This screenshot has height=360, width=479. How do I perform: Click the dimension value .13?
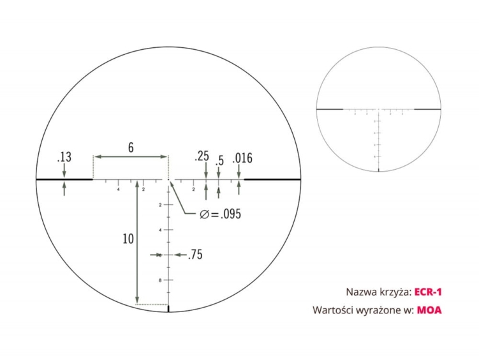pos(64,157)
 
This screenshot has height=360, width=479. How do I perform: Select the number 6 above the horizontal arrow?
pos(131,147)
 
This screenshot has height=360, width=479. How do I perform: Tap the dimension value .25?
pos(203,156)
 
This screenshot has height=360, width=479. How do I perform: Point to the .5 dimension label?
pos(219,161)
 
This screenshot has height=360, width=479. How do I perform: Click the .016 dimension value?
pos(242,158)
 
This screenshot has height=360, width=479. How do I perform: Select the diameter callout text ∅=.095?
pos(219,214)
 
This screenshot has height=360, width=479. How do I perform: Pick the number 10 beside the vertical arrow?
pos(128,239)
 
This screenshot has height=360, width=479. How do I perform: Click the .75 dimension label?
pos(195,255)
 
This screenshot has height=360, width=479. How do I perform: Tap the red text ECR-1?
pos(428,292)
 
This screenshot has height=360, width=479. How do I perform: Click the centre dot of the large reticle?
pos(169,181)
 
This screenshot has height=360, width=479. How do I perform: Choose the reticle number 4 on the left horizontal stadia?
pos(119,190)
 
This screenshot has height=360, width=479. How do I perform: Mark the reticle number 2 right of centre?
pos(193,190)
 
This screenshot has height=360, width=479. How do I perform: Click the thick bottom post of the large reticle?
pos(169,310)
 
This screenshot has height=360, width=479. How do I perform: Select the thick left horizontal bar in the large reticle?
pos(64,180)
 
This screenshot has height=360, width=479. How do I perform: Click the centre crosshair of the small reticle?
pos(379,109)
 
